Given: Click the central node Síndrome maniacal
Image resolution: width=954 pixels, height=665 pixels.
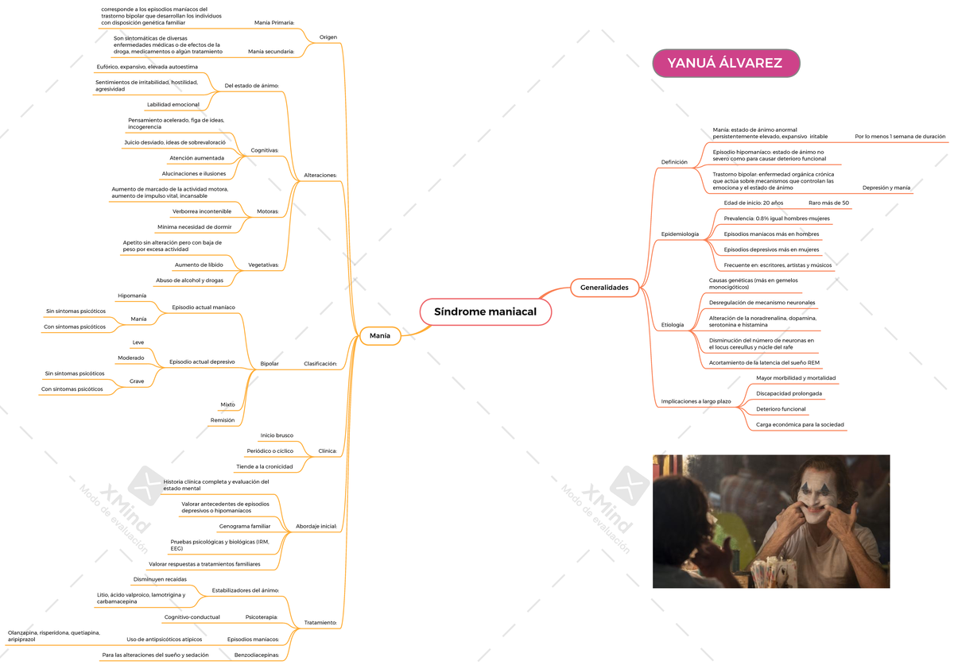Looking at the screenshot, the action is click(486, 312).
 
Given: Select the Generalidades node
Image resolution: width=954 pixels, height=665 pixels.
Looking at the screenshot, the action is click(604, 288).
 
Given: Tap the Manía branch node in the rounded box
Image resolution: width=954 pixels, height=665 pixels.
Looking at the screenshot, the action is click(380, 336).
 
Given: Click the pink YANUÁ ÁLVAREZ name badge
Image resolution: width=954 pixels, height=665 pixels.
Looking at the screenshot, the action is click(726, 63).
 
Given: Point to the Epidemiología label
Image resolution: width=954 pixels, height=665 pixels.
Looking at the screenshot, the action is click(680, 234).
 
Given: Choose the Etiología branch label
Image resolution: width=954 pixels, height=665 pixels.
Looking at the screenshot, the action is click(673, 325).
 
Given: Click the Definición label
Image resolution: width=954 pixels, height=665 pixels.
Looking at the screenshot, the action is click(674, 162).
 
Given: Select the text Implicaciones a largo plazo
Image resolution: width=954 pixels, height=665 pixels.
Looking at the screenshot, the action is click(696, 401).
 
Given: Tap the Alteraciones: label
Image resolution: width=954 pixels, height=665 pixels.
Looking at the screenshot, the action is click(320, 175).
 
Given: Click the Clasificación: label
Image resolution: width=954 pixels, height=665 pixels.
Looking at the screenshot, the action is click(320, 364).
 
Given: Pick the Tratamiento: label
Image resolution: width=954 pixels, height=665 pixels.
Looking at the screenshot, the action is click(320, 622).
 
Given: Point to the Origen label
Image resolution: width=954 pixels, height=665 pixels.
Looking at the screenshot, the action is click(328, 37).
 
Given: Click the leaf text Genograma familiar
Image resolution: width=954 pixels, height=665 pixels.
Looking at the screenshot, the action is click(245, 526).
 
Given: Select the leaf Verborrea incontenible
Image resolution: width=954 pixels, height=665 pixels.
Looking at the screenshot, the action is click(202, 211).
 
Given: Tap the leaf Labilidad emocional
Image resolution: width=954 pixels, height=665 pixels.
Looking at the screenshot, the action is click(173, 104).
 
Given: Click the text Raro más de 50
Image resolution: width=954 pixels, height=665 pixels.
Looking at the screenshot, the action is click(828, 203).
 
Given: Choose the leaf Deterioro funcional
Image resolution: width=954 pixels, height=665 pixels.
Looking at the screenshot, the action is click(781, 409).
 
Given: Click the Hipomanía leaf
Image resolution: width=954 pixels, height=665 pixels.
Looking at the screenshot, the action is click(132, 296).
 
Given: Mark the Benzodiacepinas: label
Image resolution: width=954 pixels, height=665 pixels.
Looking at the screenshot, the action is click(257, 655).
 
